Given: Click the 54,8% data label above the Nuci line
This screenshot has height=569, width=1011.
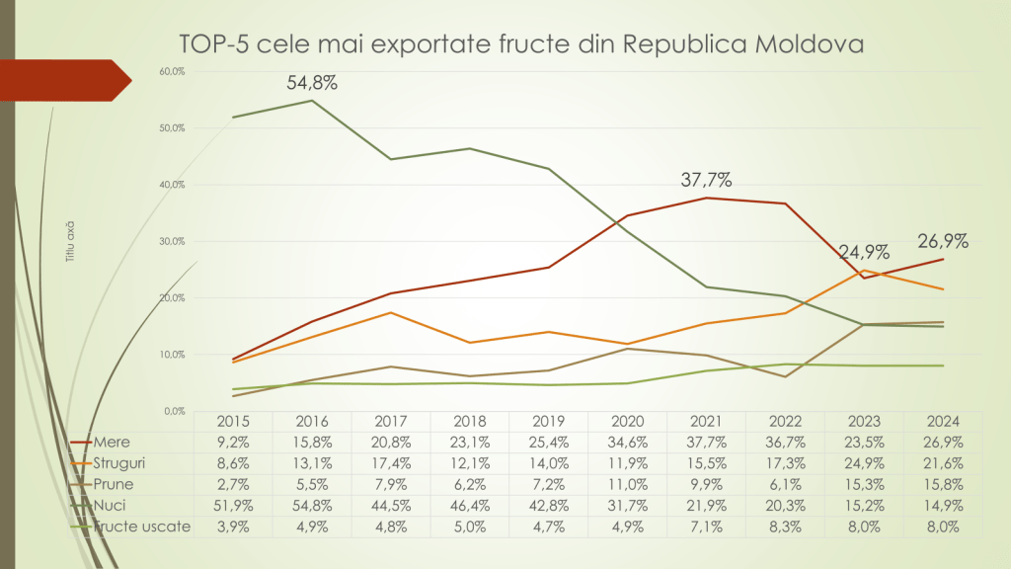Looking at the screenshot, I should (x=312, y=83).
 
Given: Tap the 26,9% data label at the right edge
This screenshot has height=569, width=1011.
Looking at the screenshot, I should (x=943, y=241).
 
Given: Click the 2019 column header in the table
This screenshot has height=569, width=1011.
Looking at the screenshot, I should (x=548, y=421).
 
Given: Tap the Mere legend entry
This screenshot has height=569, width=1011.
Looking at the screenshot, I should (x=111, y=442).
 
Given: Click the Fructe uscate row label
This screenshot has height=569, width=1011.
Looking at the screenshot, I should (x=140, y=527).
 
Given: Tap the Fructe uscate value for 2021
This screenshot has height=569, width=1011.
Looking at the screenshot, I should (x=706, y=527).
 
